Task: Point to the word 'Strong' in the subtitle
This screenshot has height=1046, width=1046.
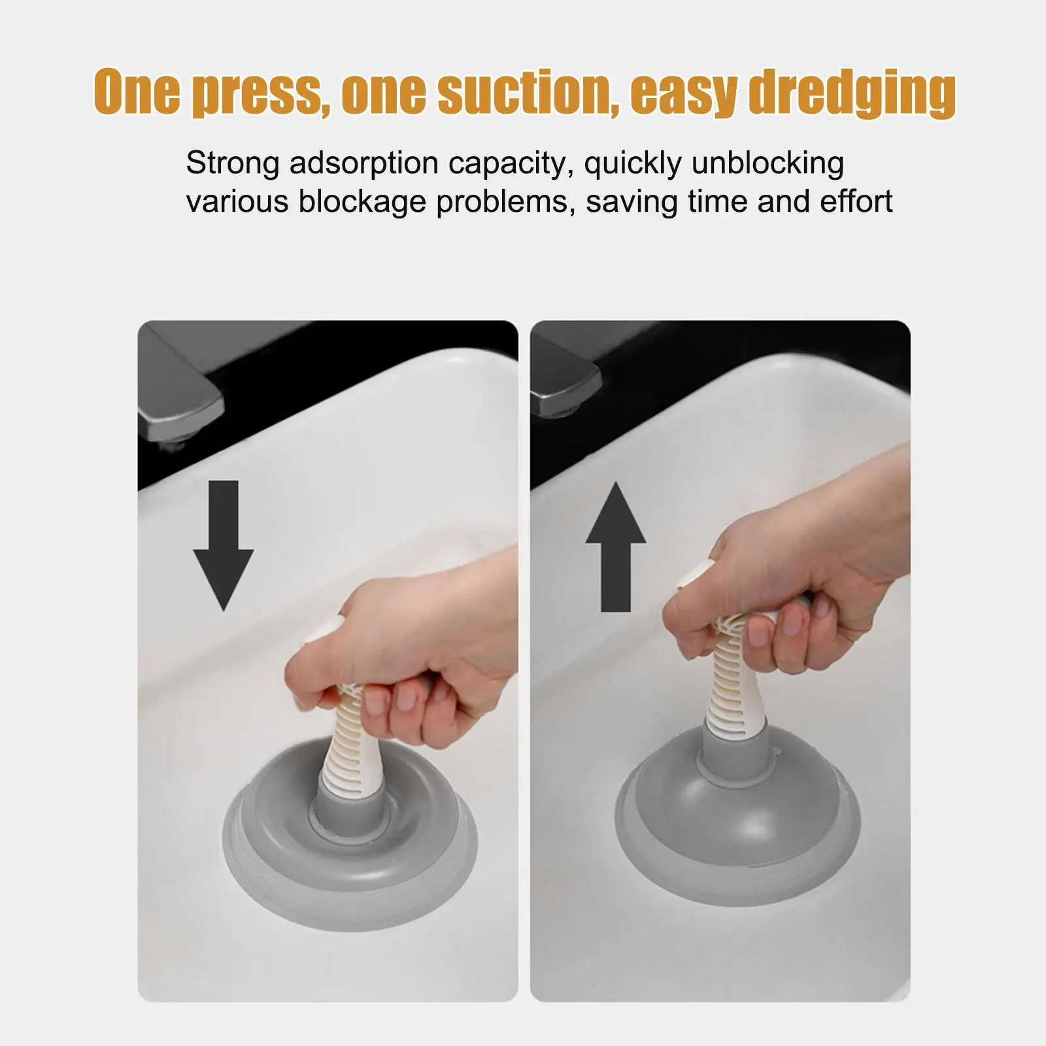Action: (233, 163)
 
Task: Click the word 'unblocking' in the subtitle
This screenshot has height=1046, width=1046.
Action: (768, 163)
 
